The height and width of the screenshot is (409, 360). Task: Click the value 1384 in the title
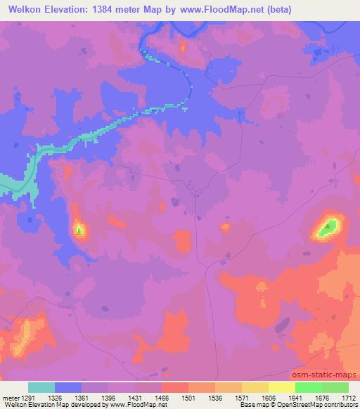(100, 10)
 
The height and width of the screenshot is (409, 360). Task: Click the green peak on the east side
(328, 226)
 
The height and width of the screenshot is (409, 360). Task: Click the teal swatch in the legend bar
(41, 388)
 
